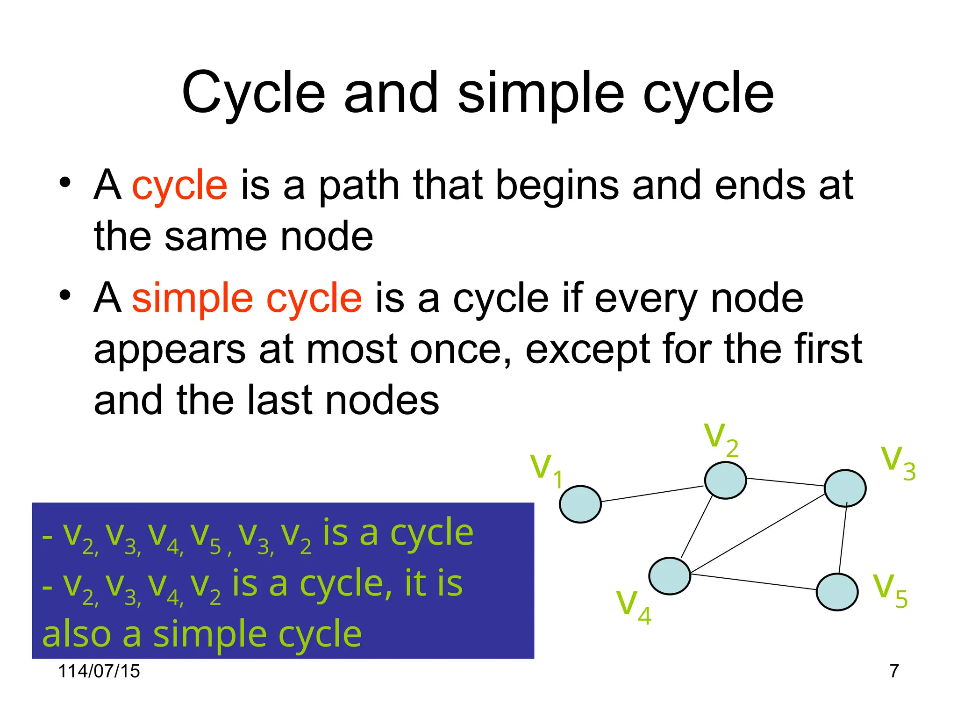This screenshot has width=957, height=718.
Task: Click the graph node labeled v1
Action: click(x=580, y=504)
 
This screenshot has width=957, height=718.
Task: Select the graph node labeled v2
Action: click(x=725, y=480)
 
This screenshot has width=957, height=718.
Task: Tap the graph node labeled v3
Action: click(x=845, y=488)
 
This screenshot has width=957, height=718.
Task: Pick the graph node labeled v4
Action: click(x=669, y=575)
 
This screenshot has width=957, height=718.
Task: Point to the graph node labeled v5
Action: click(x=836, y=592)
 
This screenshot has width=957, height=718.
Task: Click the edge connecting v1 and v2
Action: click(x=652, y=494)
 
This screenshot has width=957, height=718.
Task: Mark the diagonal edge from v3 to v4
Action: click(x=757, y=533)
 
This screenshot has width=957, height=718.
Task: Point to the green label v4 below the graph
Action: click(x=633, y=606)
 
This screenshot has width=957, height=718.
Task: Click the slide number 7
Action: click(x=894, y=671)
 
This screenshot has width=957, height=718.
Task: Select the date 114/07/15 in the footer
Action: click(x=99, y=671)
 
